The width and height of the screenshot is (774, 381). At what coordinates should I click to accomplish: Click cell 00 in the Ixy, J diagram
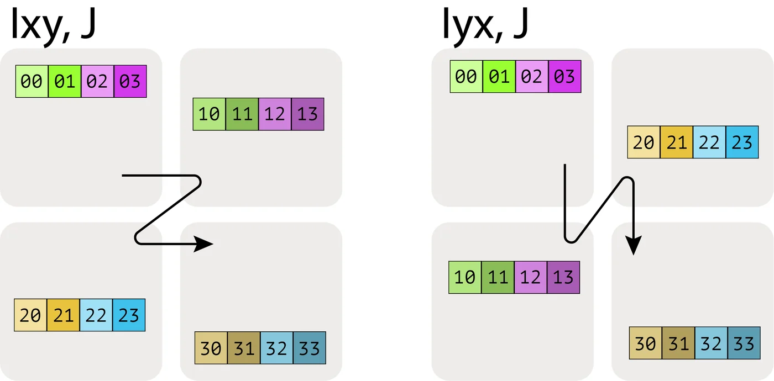pyautogui.click(x=32, y=82)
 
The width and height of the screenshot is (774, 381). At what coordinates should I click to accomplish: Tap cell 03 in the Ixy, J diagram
pyautogui.click(x=130, y=82)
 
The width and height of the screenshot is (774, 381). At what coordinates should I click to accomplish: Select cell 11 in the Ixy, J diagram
pyautogui.click(x=242, y=114)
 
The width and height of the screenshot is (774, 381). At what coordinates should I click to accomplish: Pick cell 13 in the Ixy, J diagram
pyautogui.click(x=307, y=114)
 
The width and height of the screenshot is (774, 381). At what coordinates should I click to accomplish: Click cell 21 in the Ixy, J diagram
pyautogui.click(x=63, y=315)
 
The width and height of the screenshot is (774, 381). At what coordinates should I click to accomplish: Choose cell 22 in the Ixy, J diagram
pyautogui.click(x=96, y=315)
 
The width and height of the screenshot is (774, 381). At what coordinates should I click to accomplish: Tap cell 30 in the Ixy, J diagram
pyautogui.click(x=211, y=348)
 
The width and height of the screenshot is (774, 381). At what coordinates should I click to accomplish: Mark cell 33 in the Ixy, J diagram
pyautogui.click(x=309, y=348)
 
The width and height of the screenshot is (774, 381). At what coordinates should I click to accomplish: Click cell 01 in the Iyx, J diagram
pyautogui.click(x=499, y=76)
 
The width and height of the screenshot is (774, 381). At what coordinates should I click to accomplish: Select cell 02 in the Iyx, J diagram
pyautogui.click(x=531, y=76)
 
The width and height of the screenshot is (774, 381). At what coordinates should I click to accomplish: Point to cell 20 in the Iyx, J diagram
pyautogui.click(x=644, y=142)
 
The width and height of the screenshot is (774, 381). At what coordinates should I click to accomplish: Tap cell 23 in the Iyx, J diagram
pyautogui.click(x=742, y=142)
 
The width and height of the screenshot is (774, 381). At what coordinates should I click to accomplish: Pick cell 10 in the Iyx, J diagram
pyautogui.click(x=465, y=277)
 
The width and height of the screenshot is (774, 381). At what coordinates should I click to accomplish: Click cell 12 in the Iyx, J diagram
pyautogui.click(x=531, y=277)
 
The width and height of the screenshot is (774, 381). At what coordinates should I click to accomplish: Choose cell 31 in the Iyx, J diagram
pyautogui.click(x=678, y=343)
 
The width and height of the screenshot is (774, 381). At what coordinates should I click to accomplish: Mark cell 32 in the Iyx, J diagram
pyautogui.click(x=711, y=343)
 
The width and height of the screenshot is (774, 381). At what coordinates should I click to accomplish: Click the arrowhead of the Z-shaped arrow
pyautogui.click(x=204, y=244)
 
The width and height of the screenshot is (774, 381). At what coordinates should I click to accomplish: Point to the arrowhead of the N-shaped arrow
pyautogui.click(x=634, y=246)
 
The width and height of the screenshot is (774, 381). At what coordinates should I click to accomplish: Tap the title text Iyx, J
pyautogui.click(x=485, y=25)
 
